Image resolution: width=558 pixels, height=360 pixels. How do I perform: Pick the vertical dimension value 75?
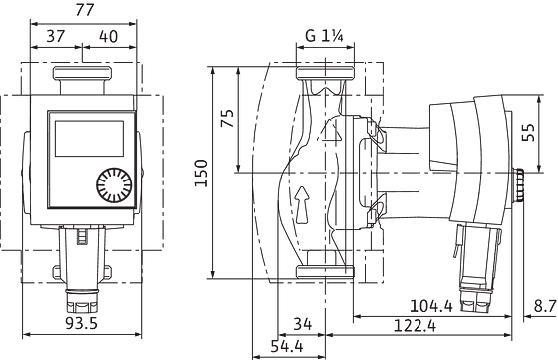tap(226, 117)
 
